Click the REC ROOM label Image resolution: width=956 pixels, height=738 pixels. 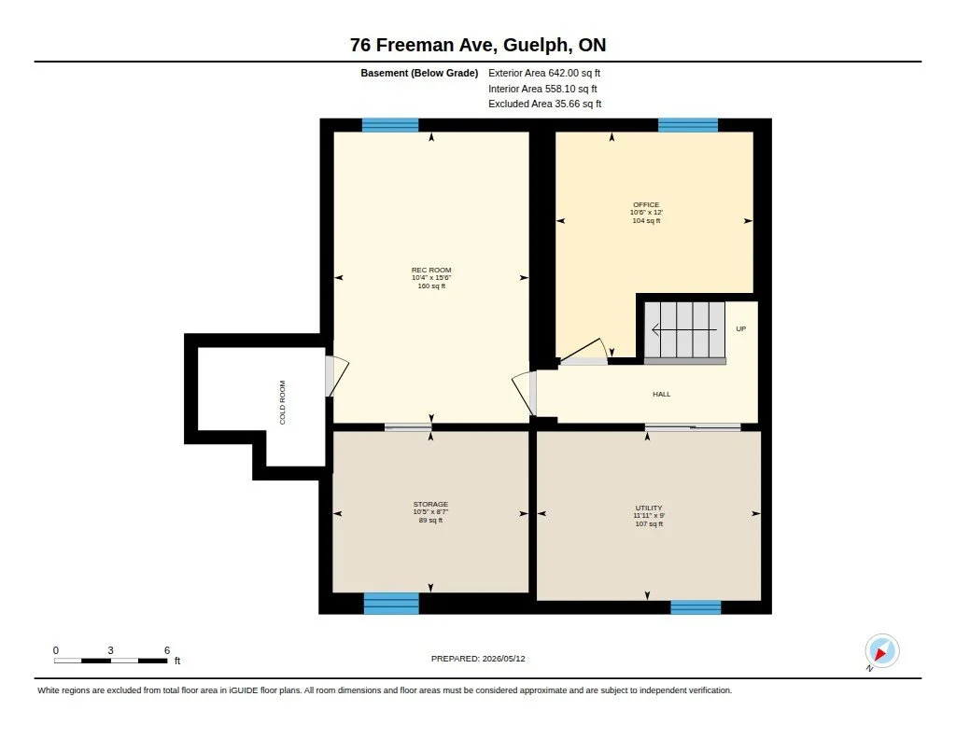[x=431, y=270]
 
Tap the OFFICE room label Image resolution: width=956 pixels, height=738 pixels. [x=646, y=204]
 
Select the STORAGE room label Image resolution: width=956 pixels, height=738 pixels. [x=430, y=504]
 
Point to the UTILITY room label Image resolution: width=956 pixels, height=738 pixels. [x=649, y=508]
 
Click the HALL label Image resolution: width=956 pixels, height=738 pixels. [x=662, y=395]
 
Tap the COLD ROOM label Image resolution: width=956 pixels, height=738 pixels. [x=282, y=402]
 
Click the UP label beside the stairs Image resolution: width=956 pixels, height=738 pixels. [x=740, y=328]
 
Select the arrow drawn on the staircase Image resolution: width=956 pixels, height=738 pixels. [x=684, y=329]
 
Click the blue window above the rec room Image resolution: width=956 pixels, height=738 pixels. [x=390, y=125]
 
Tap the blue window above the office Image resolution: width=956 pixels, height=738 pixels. [x=688, y=125]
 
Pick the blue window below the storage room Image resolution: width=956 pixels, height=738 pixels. [x=391, y=604]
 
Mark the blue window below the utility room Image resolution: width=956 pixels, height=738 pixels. [x=696, y=607]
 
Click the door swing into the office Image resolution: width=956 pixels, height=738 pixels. [x=584, y=352]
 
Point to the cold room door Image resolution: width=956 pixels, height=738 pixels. [x=336, y=376]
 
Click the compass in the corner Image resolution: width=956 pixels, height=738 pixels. [x=881, y=651]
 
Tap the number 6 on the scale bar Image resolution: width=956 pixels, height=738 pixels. [x=166, y=650]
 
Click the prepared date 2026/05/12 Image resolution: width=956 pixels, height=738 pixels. [x=503, y=659]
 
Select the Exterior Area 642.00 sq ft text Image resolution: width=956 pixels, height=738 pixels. [x=544, y=73]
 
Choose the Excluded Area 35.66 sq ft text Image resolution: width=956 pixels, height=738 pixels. [x=544, y=104]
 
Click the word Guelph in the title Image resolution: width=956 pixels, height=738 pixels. [x=538, y=46]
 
